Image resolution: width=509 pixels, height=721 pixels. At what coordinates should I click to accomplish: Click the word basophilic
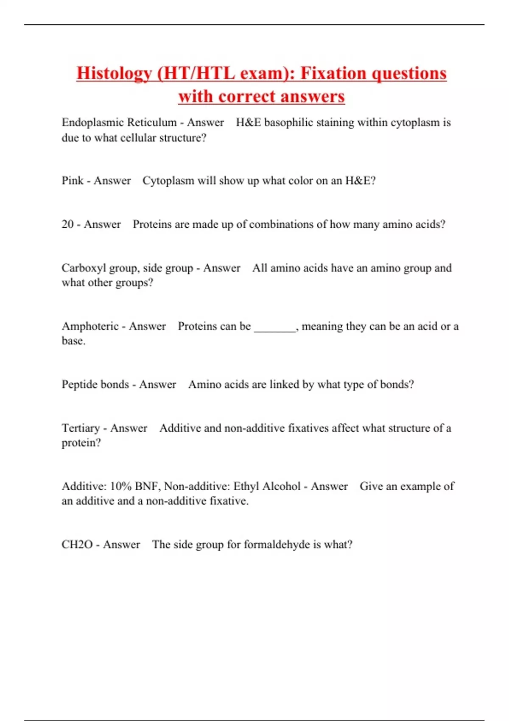coord(288,123)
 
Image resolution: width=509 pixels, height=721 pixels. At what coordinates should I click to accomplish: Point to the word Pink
coord(72,181)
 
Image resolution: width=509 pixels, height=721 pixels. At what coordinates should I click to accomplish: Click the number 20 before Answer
coord(67,224)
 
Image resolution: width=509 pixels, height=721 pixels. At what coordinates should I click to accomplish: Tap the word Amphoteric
coord(90,326)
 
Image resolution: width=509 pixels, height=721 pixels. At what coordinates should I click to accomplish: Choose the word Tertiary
coord(81,428)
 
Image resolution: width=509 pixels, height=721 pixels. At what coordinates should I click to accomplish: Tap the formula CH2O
coord(77,545)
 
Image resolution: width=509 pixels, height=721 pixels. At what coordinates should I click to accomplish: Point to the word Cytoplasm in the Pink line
coord(168,181)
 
